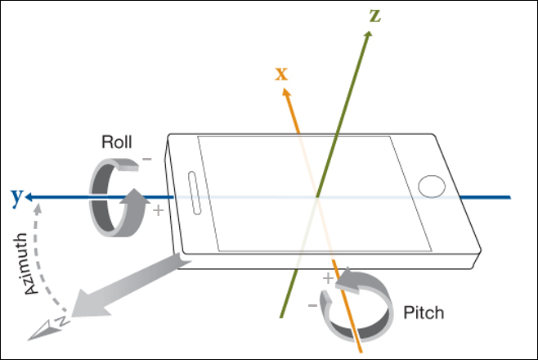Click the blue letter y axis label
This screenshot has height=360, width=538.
point(16,196)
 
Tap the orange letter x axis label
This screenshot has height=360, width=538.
point(281,74)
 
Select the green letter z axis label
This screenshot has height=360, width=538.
point(374,16)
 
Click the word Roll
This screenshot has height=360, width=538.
point(116,141)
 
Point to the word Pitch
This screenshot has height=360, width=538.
point(424,313)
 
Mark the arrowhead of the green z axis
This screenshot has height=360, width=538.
point(370,36)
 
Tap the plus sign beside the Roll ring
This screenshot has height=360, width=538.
point(158,210)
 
